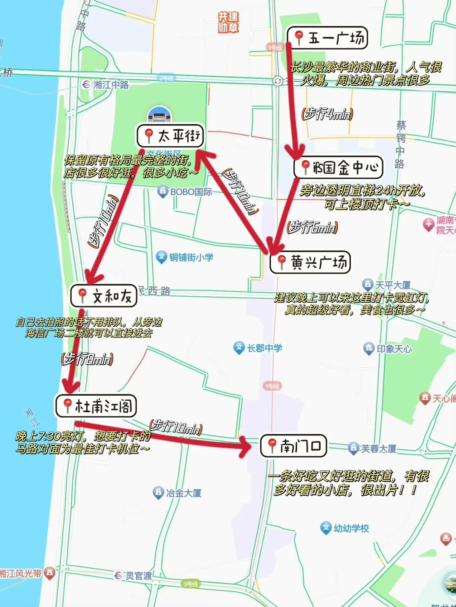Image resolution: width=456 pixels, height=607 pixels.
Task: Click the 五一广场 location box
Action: pyautogui.click(x=328, y=38)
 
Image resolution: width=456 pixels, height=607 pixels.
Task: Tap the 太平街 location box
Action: pyautogui.click(x=171, y=135)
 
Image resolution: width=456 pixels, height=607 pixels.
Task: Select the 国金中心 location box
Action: pyautogui.click(x=338, y=167)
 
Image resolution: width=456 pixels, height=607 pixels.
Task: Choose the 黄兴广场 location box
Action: pyautogui.click(x=310, y=262)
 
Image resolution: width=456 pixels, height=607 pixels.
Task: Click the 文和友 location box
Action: pyautogui.click(x=104, y=295)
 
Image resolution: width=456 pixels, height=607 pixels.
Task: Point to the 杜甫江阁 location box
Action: pyautogui.click(x=96, y=406)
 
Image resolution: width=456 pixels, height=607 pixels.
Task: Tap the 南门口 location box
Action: pyautogui.click(x=294, y=446)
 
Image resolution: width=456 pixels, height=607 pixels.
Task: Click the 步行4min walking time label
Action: pyautogui.click(x=327, y=114)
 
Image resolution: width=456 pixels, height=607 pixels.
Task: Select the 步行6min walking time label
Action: pyautogui.click(x=312, y=228)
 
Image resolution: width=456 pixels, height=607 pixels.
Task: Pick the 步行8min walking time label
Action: pyautogui.click(x=87, y=359)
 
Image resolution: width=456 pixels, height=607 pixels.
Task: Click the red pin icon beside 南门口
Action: pyautogui.click(x=272, y=445)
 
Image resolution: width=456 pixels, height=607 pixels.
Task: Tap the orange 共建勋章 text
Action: pyautogui.click(x=228, y=22)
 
